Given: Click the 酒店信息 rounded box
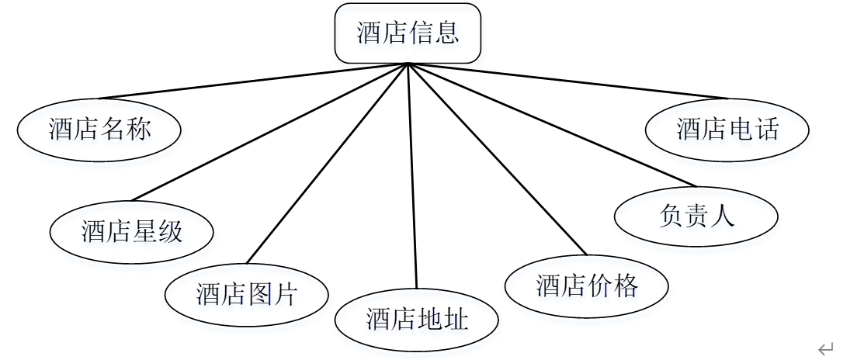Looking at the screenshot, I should [408, 33].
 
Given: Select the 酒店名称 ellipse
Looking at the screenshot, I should [99, 129].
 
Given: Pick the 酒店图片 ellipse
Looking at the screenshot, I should [246, 294].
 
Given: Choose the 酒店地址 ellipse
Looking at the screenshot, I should [417, 319].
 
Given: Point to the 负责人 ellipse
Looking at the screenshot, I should [696, 215].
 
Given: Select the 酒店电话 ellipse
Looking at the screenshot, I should [727, 129].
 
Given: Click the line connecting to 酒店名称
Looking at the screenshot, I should [253, 81].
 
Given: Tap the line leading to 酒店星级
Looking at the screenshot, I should [270, 131].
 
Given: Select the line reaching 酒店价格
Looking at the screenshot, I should [496, 158].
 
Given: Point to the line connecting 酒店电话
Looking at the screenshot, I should [567, 81].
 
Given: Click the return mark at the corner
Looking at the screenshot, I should [825, 348].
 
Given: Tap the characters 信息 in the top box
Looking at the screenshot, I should [434, 33].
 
